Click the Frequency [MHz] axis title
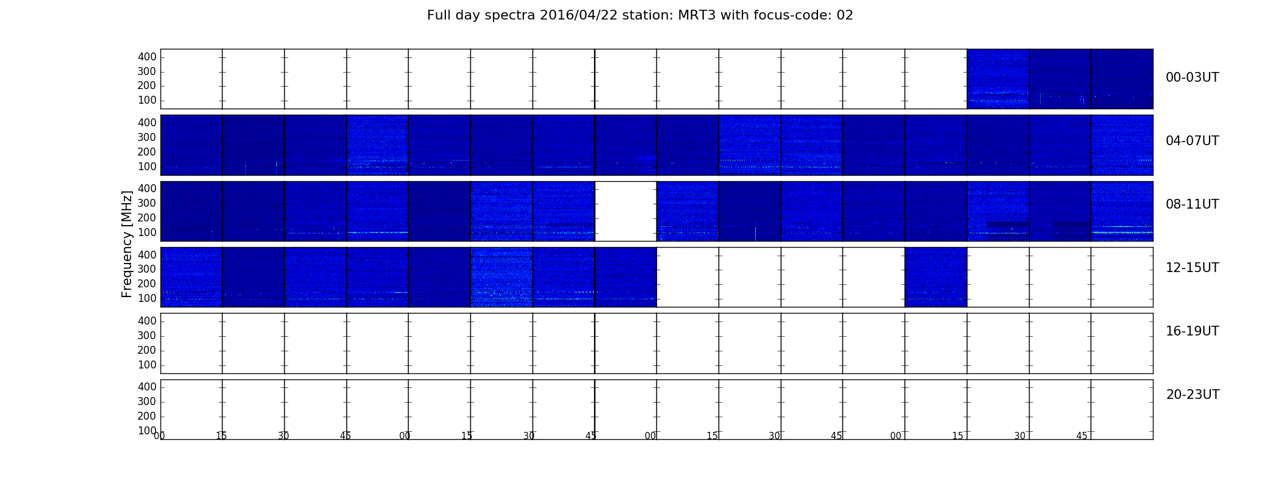coord(127,244)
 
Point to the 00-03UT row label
coord(1193,77)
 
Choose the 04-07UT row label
coord(1193,141)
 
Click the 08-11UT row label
coord(1193,204)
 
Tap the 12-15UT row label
coord(1193,268)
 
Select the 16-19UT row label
coord(1193,331)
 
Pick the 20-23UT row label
coord(1193,395)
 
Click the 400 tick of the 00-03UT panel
coord(147,57)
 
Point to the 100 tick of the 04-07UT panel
coord(147,167)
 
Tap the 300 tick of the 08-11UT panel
coord(147,203)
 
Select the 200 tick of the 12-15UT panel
coord(147,284)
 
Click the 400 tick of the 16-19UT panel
coord(147,321)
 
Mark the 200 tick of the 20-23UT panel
coord(147,416)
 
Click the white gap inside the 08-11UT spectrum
coord(626,211)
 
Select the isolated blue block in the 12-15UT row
coord(936,277)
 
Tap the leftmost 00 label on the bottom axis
coord(159,436)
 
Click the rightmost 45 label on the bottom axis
coord(1082,436)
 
